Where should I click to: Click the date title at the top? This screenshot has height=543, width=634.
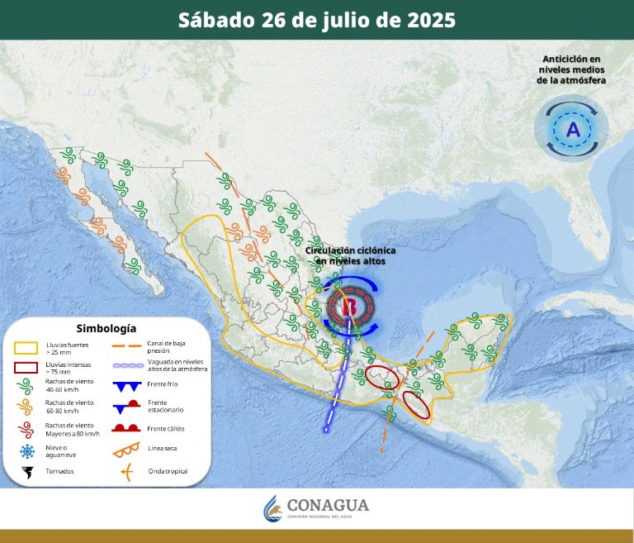(317, 20)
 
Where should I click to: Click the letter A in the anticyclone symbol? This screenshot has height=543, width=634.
(573, 129)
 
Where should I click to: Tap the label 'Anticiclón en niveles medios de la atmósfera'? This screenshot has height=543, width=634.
(571, 69)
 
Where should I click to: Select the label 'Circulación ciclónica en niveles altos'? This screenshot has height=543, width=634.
(350, 255)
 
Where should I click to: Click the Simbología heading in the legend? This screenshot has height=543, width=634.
(106, 329)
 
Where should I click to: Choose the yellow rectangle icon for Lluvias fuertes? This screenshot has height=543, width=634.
(26, 346)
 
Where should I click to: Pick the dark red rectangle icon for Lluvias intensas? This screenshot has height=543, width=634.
(26, 368)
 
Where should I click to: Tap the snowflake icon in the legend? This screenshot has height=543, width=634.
(27, 451)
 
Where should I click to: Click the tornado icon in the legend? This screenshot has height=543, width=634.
(27, 472)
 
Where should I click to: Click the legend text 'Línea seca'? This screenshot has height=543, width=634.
(163, 449)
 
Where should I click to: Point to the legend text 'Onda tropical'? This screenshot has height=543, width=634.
(168, 472)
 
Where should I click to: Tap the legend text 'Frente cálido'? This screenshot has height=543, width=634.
(166, 428)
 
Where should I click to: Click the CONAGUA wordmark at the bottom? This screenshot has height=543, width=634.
(328, 506)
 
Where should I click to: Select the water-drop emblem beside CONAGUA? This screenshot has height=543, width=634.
(272, 508)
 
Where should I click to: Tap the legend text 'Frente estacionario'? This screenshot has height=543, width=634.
(165, 406)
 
